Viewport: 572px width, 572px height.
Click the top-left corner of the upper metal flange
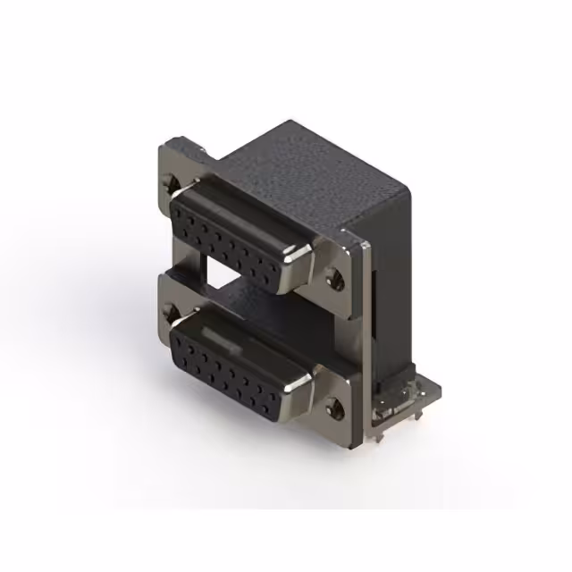166,146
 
